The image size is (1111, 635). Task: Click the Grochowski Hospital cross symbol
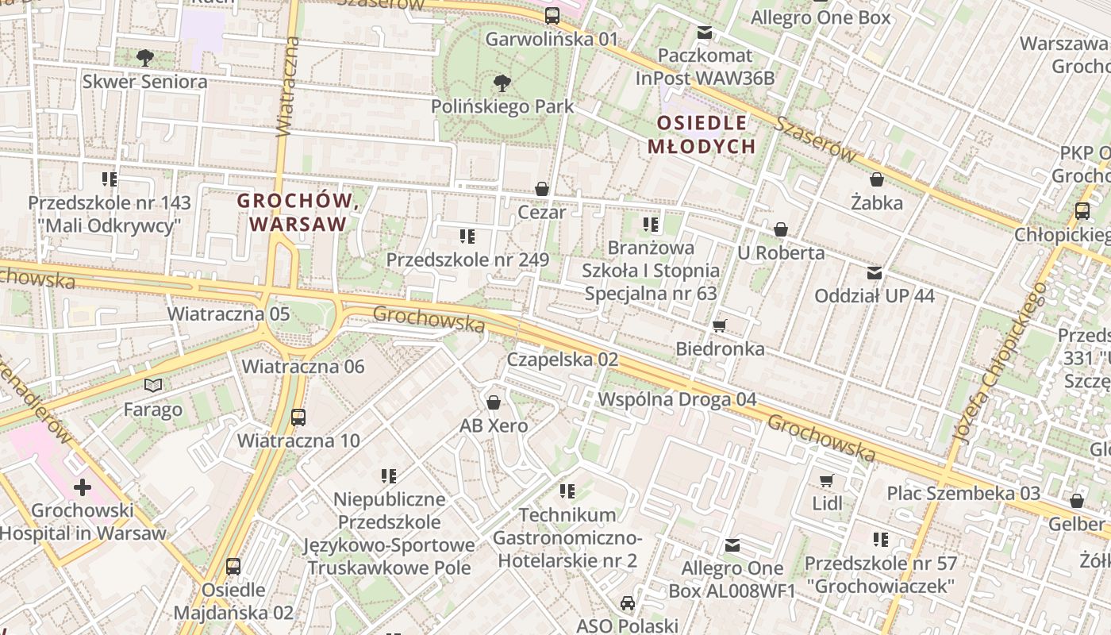(x=83, y=487)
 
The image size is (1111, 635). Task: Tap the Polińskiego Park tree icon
(x=502, y=82)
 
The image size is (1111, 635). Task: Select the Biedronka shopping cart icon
(x=720, y=325)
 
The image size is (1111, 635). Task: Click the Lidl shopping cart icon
(x=827, y=480)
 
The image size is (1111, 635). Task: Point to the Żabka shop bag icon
(x=877, y=179)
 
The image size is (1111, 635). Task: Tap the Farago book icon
(x=153, y=386)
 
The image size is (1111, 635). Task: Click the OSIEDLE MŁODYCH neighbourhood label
(x=702, y=134)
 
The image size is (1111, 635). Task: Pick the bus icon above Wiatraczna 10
(x=298, y=417)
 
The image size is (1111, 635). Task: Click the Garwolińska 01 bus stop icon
(x=552, y=15)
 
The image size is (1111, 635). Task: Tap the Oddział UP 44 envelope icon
(x=875, y=273)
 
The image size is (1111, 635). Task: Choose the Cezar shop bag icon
(x=542, y=189)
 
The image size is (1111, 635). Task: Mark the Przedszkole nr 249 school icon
(x=467, y=236)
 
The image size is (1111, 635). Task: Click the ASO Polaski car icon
(x=628, y=603)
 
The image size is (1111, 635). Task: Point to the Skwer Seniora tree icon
(x=144, y=57)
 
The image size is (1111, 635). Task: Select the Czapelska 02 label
(x=563, y=359)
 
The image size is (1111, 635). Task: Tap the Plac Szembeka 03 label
(x=963, y=493)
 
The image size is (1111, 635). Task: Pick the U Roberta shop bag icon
(x=781, y=229)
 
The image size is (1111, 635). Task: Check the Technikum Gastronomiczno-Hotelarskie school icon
(x=567, y=491)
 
